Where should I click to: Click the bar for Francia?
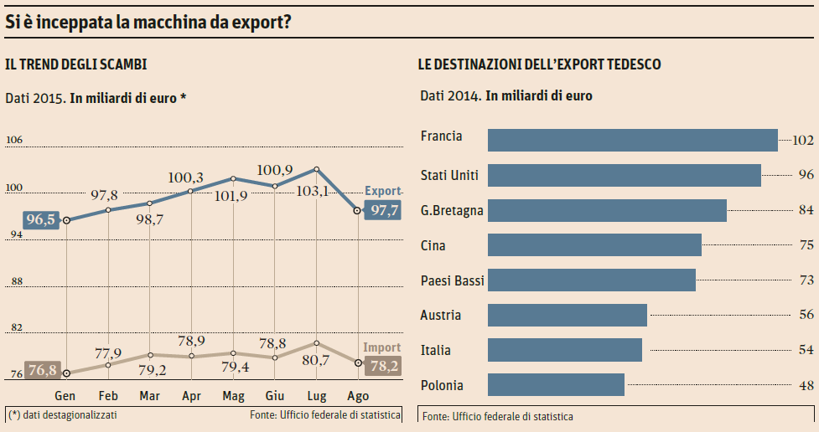tap(632, 140)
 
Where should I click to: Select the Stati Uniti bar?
tap(624, 175)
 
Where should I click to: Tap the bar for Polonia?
tap(556, 384)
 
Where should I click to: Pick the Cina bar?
tap(594, 244)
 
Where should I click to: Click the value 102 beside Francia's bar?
tap(803, 140)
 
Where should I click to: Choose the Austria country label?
tap(442, 315)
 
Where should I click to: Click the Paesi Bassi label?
tap(453, 280)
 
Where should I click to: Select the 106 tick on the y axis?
tap(14, 141)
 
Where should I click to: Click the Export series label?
tap(383, 191)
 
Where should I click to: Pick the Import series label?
tap(381, 347)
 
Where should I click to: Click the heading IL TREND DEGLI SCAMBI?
tap(76, 64)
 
